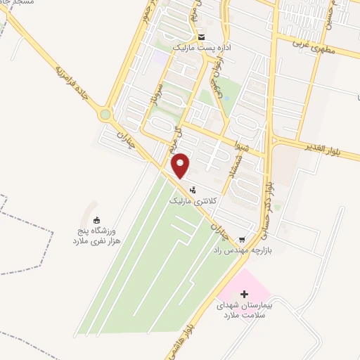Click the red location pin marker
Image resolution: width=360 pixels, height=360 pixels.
tap(181, 165)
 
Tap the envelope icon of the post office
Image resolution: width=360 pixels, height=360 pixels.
tap(202, 37)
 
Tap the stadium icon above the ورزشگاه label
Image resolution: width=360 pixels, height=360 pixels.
tap(96, 220)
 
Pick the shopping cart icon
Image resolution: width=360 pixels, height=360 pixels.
tap(243, 240)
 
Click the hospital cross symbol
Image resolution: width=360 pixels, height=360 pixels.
tap(244, 293)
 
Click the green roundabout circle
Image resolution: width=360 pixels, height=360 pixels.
tap(105, 114)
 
